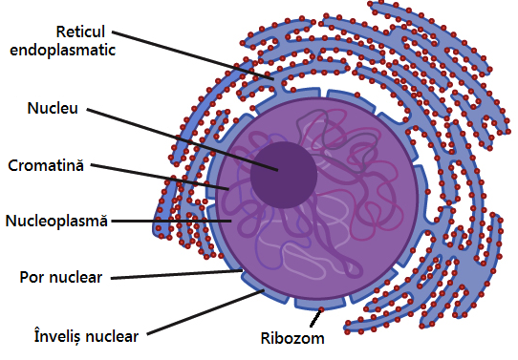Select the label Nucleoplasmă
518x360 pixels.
point(56,221)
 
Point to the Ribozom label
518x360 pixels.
point(292,338)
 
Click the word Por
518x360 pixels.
point(33,278)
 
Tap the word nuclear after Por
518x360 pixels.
point(80,278)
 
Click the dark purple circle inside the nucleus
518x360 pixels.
point(284,175)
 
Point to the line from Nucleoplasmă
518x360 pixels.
point(172,221)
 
